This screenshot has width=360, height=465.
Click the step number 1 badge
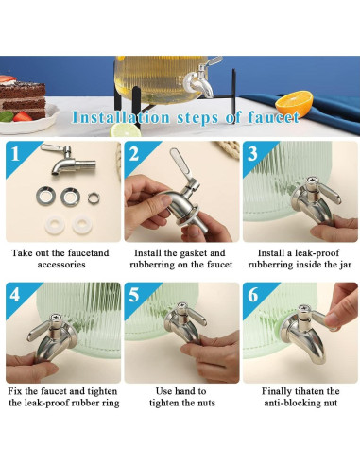click(x=15, y=154)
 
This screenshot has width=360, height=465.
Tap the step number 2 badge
click(x=134, y=154)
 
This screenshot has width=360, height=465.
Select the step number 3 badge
click(x=252, y=154)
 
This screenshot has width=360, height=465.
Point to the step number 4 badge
click(x=15, y=295)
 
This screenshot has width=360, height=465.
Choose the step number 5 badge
click(x=134, y=295)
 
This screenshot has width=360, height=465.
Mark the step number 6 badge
click(x=252, y=295)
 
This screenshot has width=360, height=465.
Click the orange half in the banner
click(x=294, y=102)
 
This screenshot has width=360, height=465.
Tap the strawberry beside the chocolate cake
click(x=22, y=116)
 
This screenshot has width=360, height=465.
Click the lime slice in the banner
click(x=125, y=129)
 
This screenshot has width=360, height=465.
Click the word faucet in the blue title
click(x=273, y=117)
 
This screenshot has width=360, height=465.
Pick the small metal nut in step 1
click(x=94, y=198)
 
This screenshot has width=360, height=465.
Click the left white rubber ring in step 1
click(x=55, y=225)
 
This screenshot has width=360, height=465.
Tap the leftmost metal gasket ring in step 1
click(x=46, y=196)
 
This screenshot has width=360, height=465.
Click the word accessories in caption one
click(x=61, y=264)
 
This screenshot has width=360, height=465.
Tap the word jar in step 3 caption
click(x=346, y=265)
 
